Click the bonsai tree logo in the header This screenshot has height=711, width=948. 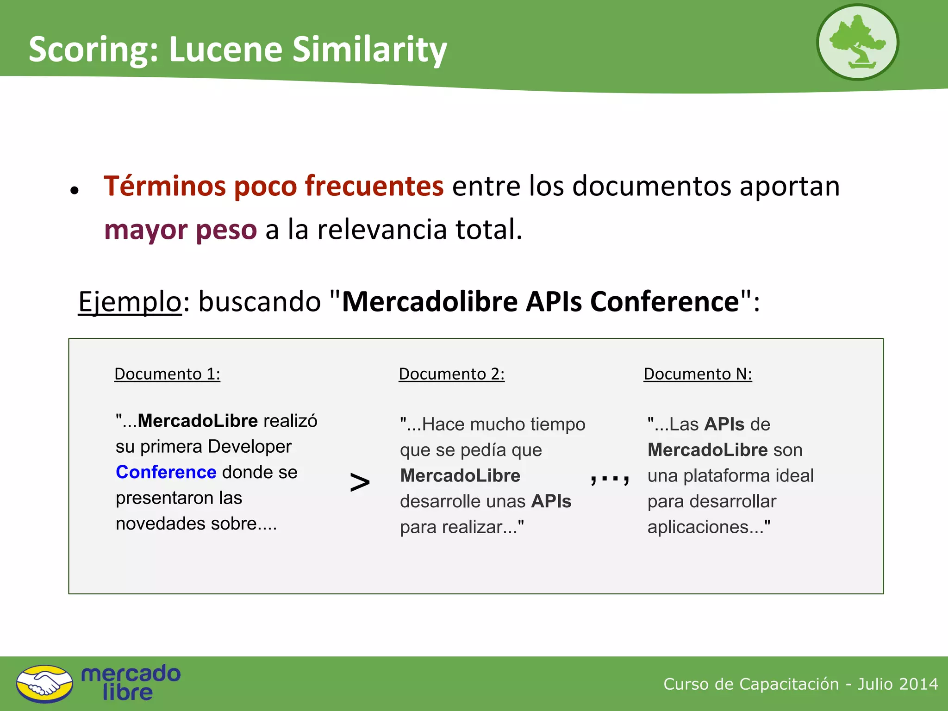[x=857, y=42]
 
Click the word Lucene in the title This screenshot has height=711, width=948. [x=225, y=49]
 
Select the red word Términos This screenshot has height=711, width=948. [x=164, y=186]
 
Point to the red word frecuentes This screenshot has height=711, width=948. [x=374, y=186]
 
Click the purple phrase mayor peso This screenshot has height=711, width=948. [x=180, y=230]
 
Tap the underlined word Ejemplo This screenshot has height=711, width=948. [x=130, y=302]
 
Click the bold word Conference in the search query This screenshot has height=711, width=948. [x=664, y=302]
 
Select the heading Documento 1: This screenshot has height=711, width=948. [x=167, y=374]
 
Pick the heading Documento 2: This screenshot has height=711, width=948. [x=451, y=374]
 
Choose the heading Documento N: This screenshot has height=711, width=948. [x=698, y=374]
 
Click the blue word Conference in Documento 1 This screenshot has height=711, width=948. [x=166, y=472]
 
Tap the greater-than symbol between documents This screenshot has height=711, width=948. [x=360, y=482]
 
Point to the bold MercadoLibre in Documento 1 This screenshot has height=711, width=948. [x=198, y=421]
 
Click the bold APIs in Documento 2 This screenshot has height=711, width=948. [x=551, y=501]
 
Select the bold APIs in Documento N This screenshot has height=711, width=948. [x=724, y=424]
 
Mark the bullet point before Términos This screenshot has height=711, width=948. [x=75, y=190]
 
